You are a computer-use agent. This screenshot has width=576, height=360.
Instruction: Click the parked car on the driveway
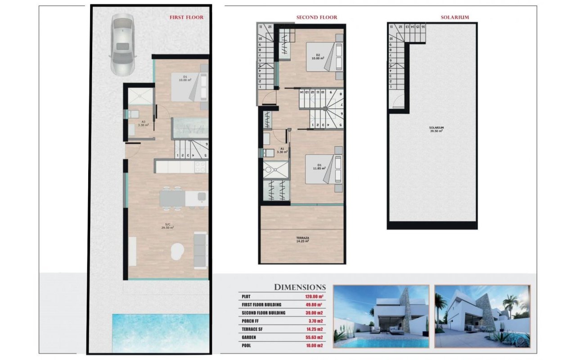(x=122, y=44)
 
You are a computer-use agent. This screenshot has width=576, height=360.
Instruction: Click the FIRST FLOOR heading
(x=186, y=18)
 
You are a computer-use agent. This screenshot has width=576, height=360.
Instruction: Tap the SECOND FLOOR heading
(x=316, y=18)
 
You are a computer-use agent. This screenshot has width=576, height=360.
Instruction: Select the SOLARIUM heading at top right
(x=454, y=18)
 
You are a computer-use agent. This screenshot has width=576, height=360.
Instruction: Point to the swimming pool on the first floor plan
(x=160, y=333)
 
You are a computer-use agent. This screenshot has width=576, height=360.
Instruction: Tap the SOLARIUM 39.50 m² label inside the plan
(x=436, y=129)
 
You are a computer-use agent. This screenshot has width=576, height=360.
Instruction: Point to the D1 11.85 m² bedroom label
(x=319, y=167)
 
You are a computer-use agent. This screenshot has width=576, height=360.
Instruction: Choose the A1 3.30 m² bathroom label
(x=283, y=150)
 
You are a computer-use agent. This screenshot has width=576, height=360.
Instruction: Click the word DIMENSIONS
(x=300, y=287)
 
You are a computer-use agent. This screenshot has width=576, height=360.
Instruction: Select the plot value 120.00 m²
(x=315, y=297)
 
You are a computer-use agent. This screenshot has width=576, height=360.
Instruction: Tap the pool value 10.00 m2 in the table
(x=315, y=345)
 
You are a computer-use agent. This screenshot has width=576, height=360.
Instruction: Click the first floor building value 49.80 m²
(x=315, y=305)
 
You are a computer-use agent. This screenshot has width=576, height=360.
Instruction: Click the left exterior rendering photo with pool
(x=381, y=316)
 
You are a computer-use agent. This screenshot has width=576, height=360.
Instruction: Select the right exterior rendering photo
(x=482, y=316)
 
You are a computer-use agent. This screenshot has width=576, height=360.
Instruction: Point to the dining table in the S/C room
(x=172, y=198)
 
